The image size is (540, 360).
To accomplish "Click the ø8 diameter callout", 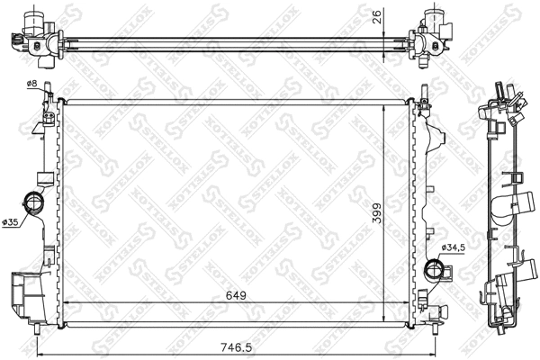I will click(x=31, y=84).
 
